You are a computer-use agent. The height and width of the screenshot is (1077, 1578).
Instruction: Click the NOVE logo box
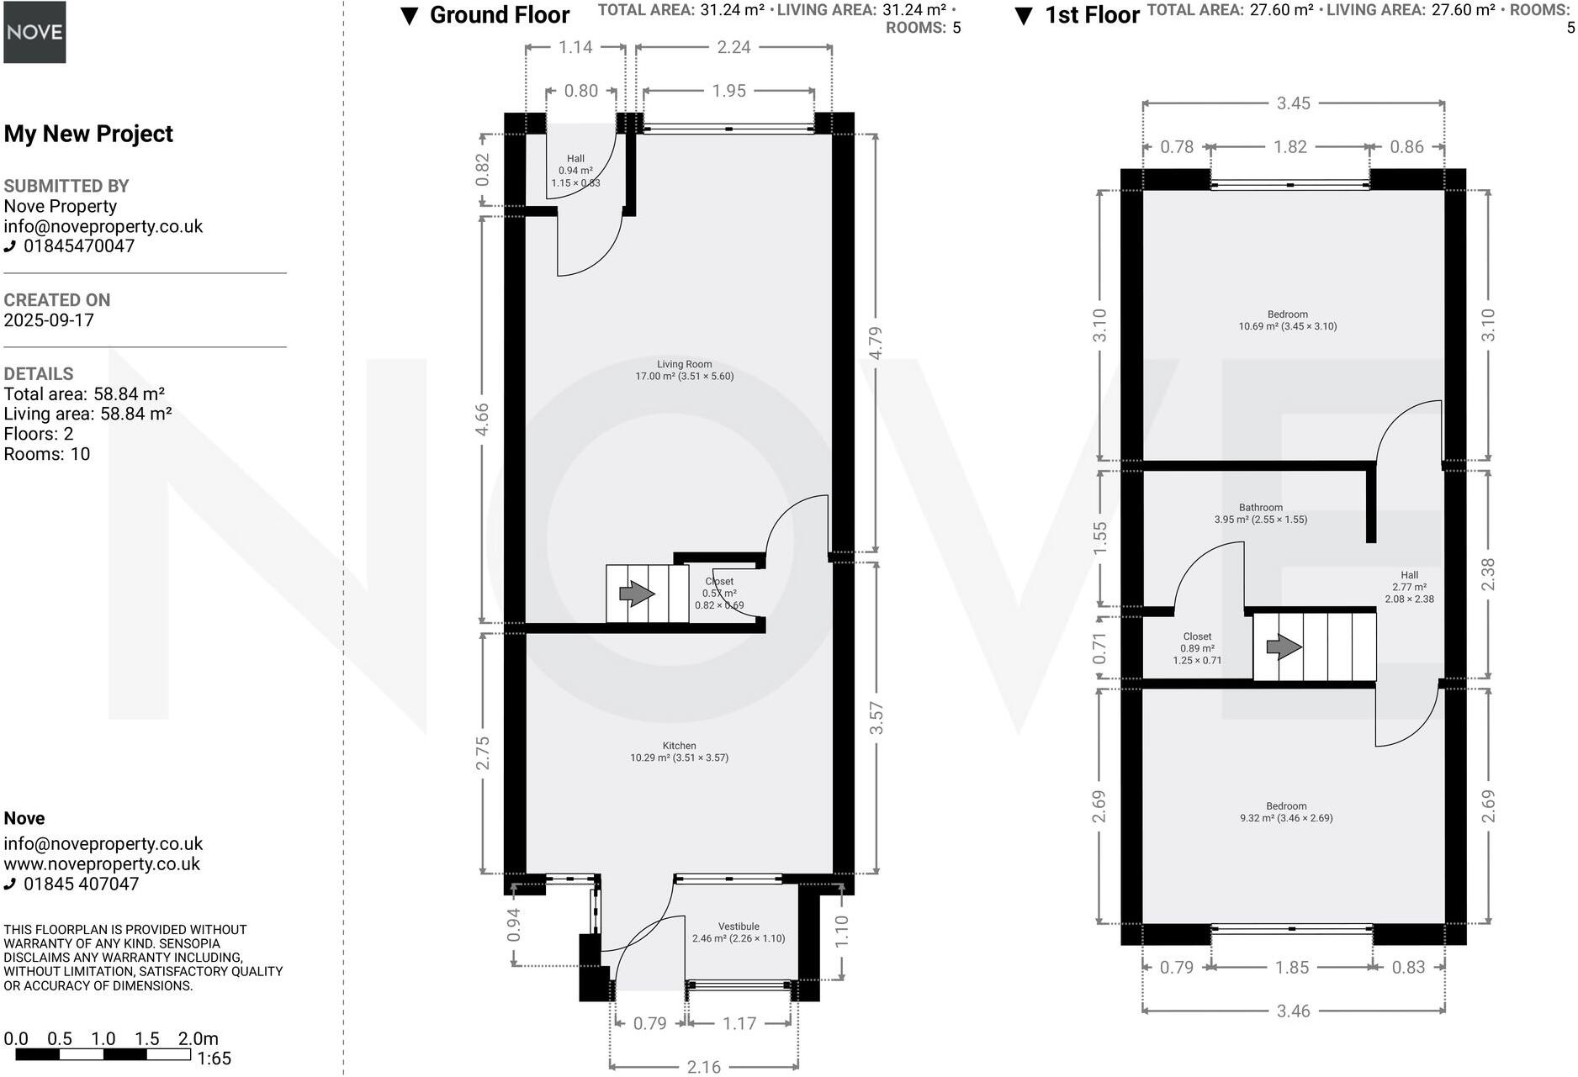pos(34,32)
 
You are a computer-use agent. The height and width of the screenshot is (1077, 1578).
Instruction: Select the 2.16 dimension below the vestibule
pos(703,1067)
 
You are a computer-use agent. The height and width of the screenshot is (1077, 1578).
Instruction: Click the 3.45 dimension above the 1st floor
pos(1293,103)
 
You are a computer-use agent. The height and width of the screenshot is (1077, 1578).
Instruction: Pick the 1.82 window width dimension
pos(1289,147)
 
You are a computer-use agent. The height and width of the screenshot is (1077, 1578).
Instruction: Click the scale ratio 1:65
pos(214,1059)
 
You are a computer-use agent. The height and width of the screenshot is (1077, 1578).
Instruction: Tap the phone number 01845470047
pos(78,246)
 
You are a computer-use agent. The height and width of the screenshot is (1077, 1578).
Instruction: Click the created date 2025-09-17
pos(49,320)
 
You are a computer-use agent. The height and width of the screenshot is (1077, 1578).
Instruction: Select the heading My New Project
pos(88,134)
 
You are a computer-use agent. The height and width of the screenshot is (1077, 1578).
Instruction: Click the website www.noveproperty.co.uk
pos(102,863)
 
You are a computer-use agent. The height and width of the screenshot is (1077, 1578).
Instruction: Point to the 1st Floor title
pos(1091,15)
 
